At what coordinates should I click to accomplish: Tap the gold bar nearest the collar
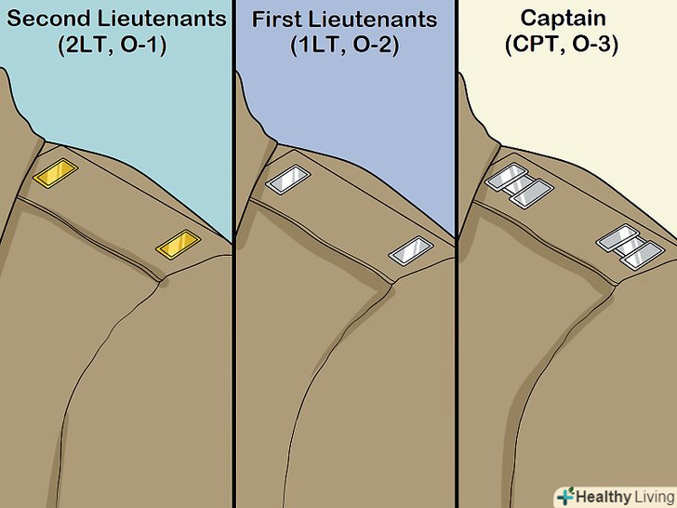[x=53, y=172]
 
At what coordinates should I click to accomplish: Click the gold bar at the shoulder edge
[x=176, y=244]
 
